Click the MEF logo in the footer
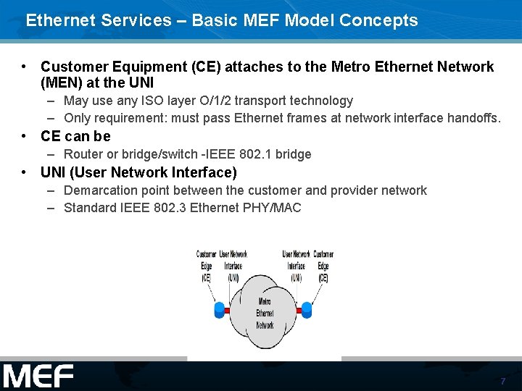(38, 377)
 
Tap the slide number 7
(502, 381)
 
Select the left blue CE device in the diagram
(220, 311)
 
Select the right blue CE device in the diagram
(307, 311)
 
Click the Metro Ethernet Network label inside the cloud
(265, 314)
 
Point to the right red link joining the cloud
(299, 311)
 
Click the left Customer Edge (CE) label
(206, 265)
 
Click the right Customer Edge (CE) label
(323, 265)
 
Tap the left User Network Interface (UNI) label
(233, 265)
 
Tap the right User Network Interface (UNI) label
(296, 265)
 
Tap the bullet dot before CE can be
(25, 136)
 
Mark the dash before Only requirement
(52, 118)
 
